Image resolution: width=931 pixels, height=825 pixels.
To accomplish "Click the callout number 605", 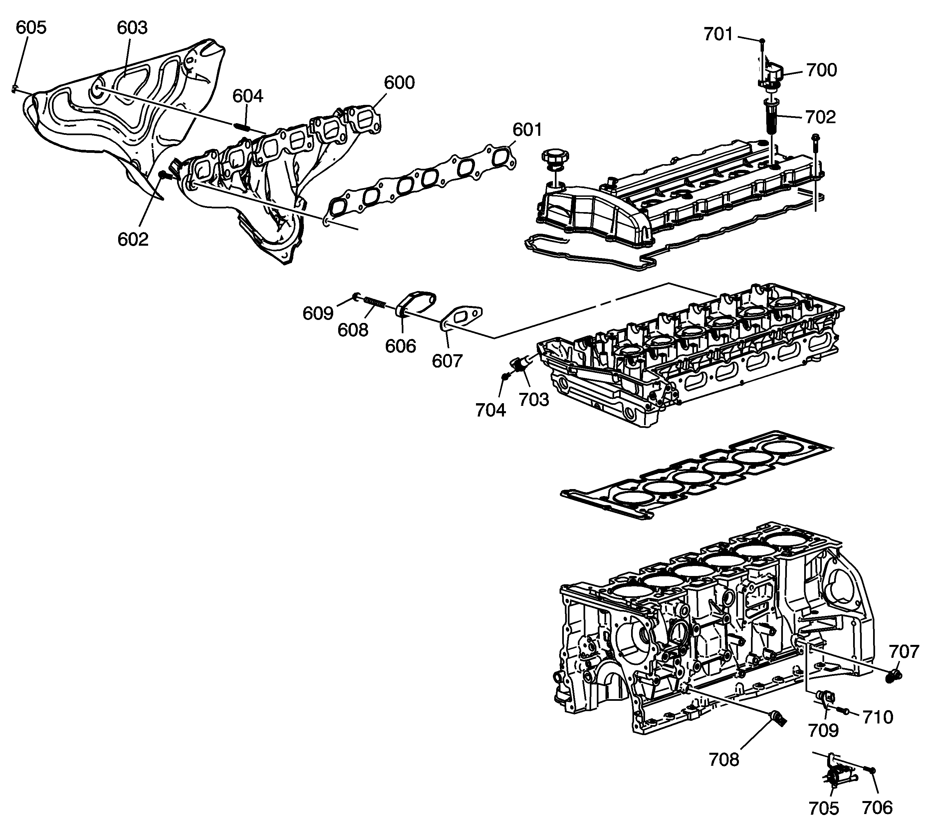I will [x=31, y=27].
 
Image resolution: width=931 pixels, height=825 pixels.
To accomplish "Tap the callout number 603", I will [x=132, y=28].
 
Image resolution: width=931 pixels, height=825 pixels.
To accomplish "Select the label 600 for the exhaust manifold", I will [x=399, y=83].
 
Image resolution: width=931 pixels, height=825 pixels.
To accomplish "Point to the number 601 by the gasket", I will [x=527, y=130].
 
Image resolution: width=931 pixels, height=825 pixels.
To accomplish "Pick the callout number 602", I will [x=133, y=239].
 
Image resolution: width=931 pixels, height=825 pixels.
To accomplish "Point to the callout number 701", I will [x=718, y=34].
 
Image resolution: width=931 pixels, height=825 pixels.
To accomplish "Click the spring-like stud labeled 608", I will [x=376, y=302].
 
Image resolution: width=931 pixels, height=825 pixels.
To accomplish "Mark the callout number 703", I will [x=534, y=400].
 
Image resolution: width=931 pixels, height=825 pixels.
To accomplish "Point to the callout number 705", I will [x=823, y=808].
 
